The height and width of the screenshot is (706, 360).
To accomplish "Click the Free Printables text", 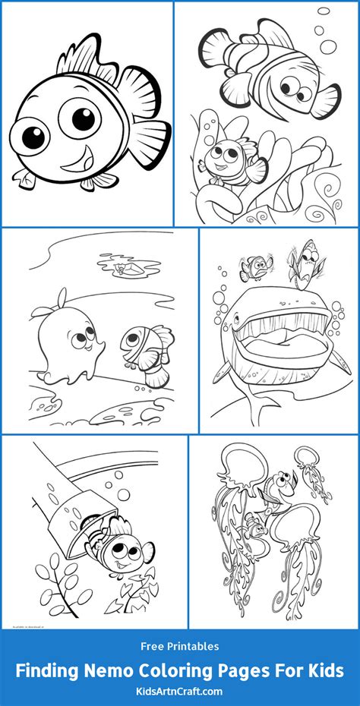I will pos(180,647).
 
